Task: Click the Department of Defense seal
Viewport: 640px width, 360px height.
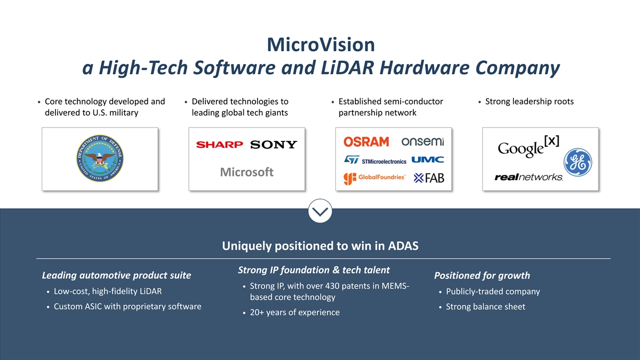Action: pos(100,158)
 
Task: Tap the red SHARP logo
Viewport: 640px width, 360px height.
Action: pos(219,145)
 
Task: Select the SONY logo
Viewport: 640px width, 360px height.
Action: pos(274,145)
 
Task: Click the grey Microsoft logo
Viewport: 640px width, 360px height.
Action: pos(247,172)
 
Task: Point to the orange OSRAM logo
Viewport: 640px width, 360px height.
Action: pos(366,142)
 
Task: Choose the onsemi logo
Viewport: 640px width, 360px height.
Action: pos(422,141)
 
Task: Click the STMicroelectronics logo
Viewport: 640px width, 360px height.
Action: pos(375,160)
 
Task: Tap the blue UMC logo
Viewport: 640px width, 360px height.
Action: pos(428,159)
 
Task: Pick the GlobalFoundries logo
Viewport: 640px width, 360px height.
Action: pos(374,179)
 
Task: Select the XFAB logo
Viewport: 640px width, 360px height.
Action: pos(429,178)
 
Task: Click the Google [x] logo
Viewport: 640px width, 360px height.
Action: pos(529,146)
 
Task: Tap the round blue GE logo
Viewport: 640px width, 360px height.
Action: pos(578,162)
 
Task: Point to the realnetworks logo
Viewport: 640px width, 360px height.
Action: pos(529,177)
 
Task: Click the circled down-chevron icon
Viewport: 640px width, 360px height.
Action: pos(320,211)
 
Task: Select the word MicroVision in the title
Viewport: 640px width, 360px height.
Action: pos(321,45)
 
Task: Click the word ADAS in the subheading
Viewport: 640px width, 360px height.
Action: pos(403,246)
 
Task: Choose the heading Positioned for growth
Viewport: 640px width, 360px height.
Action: pos(482,275)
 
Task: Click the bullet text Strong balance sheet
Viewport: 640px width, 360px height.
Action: pos(485,307)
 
